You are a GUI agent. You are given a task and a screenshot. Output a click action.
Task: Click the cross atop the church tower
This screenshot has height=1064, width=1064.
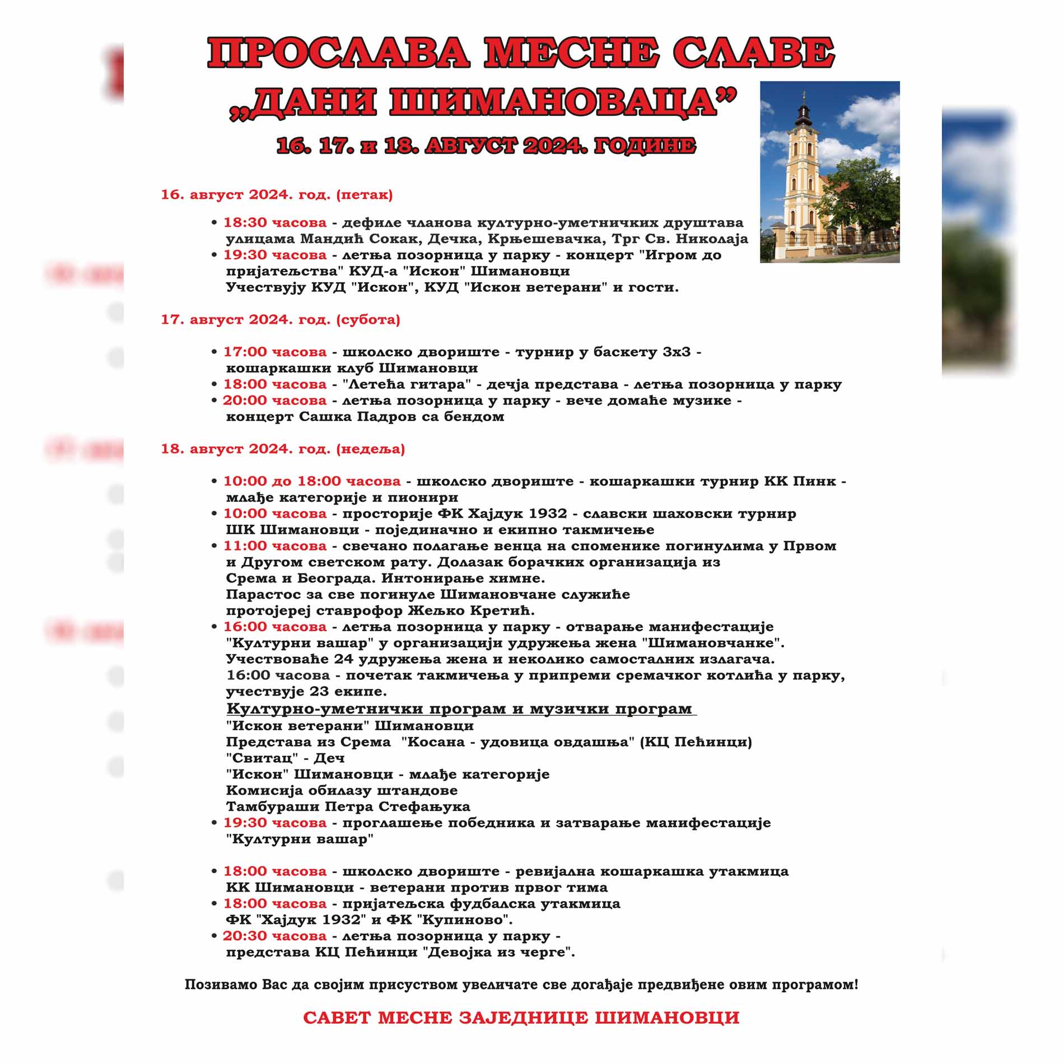(x=804, y=94)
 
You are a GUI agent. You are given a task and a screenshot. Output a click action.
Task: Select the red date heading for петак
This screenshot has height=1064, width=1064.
(x=277, y=195)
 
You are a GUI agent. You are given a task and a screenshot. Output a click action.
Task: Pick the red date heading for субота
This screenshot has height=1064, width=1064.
(x=281, y=320)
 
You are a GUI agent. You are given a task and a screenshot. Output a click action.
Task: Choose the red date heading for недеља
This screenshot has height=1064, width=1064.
(x=283, y=449)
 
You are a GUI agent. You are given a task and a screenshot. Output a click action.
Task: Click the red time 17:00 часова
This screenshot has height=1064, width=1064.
(x=275, y=352)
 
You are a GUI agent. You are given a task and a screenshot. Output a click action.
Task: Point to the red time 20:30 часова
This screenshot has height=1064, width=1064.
(x=274, y=936)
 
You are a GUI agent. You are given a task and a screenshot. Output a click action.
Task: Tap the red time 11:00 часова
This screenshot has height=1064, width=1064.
(x=275, y=546)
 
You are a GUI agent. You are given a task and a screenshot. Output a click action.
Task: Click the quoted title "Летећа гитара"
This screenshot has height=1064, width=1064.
(x=408, y=385)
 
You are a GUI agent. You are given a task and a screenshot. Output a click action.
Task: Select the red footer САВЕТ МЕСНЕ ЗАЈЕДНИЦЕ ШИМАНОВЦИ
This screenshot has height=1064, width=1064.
(x=521, y=1018)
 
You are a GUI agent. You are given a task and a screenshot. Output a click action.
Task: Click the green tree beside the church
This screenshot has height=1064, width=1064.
(x=862, y=196)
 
